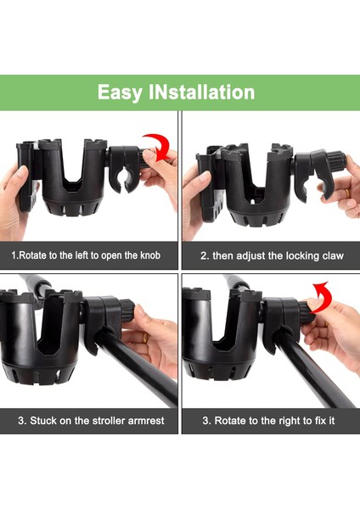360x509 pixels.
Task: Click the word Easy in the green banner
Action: tap(120, 92)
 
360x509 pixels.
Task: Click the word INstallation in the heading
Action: tap(202, 92)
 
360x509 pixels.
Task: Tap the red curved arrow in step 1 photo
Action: tap(158, 147)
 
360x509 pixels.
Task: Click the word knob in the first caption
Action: tap(150, 255)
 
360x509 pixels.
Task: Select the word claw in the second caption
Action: tap(333, 256)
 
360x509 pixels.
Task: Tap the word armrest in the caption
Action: tap(146, 421)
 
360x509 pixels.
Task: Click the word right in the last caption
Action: tap(290, 422)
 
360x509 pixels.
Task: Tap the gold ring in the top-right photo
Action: tap(347, 193)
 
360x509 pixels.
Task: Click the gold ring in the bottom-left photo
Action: tap(145, 338)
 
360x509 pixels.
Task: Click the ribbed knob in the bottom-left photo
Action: tap(127, 310)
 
